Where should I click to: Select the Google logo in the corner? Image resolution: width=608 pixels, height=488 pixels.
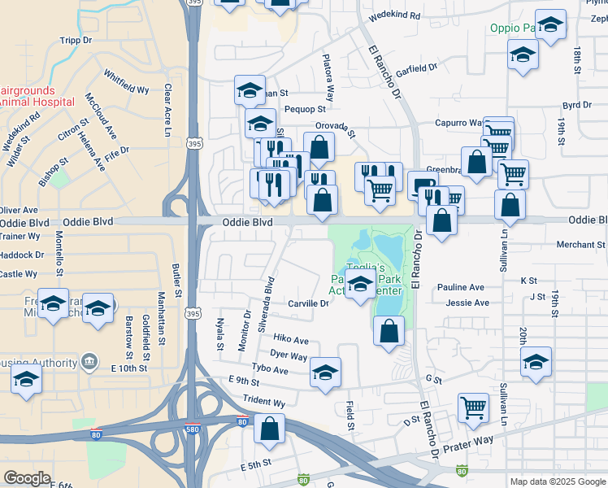28,478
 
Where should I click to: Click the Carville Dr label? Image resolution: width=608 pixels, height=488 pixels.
308,303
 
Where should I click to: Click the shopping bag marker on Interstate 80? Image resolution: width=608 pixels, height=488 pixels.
268,428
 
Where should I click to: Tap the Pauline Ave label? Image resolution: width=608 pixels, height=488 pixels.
460,287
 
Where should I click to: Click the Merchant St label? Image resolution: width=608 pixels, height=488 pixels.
580,244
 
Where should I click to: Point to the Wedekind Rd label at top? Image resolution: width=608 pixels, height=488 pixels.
394,15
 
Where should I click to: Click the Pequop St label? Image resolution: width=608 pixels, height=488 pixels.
305,108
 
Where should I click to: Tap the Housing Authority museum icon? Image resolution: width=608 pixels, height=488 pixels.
89,360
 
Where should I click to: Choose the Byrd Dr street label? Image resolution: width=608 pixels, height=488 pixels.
576,106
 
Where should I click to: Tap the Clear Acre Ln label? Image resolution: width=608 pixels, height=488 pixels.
168,100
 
